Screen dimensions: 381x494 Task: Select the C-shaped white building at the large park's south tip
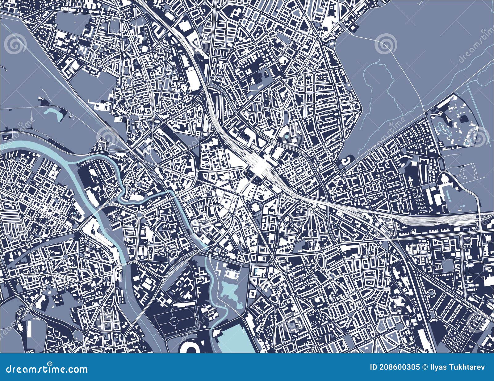pos(345,161)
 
